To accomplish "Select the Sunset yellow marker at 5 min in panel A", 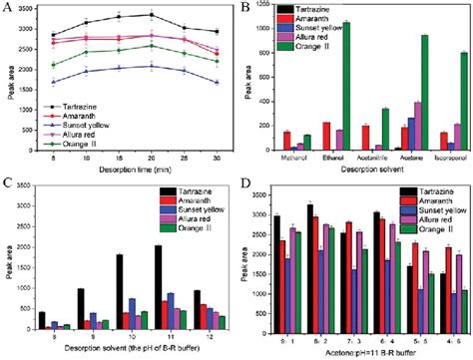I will [x=55, y=83].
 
